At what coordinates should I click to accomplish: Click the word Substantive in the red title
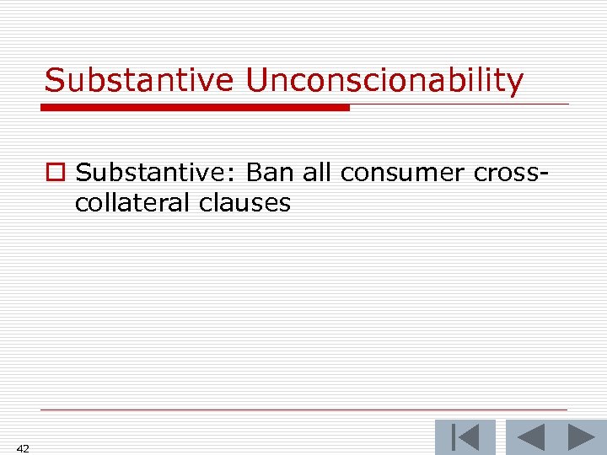(x=138, y=81)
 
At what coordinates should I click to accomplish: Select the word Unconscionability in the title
(x=384, y=81)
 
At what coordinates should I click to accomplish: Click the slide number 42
(x=23, y=449)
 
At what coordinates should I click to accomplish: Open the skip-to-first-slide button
(x=465, y=438)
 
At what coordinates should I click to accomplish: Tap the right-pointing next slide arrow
(x=581, y=438)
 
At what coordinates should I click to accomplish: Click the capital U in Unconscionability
(x=256, y=81)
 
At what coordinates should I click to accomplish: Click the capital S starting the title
(x=55, y=81)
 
